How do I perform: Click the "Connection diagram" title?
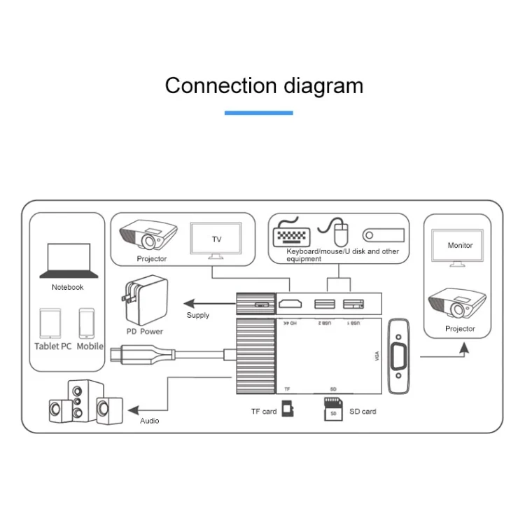point(264,85)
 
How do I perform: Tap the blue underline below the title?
point(259,113)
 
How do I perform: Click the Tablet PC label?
point(53,346)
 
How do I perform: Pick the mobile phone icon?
point(87,323)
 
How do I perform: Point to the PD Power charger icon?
point(142,299)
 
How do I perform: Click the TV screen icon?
point(216,241)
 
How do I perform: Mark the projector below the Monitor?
point(457,305)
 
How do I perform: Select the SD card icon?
point(332,410)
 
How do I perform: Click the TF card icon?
point(287,410)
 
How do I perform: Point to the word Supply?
point(198,315)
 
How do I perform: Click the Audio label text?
point(150,421)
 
